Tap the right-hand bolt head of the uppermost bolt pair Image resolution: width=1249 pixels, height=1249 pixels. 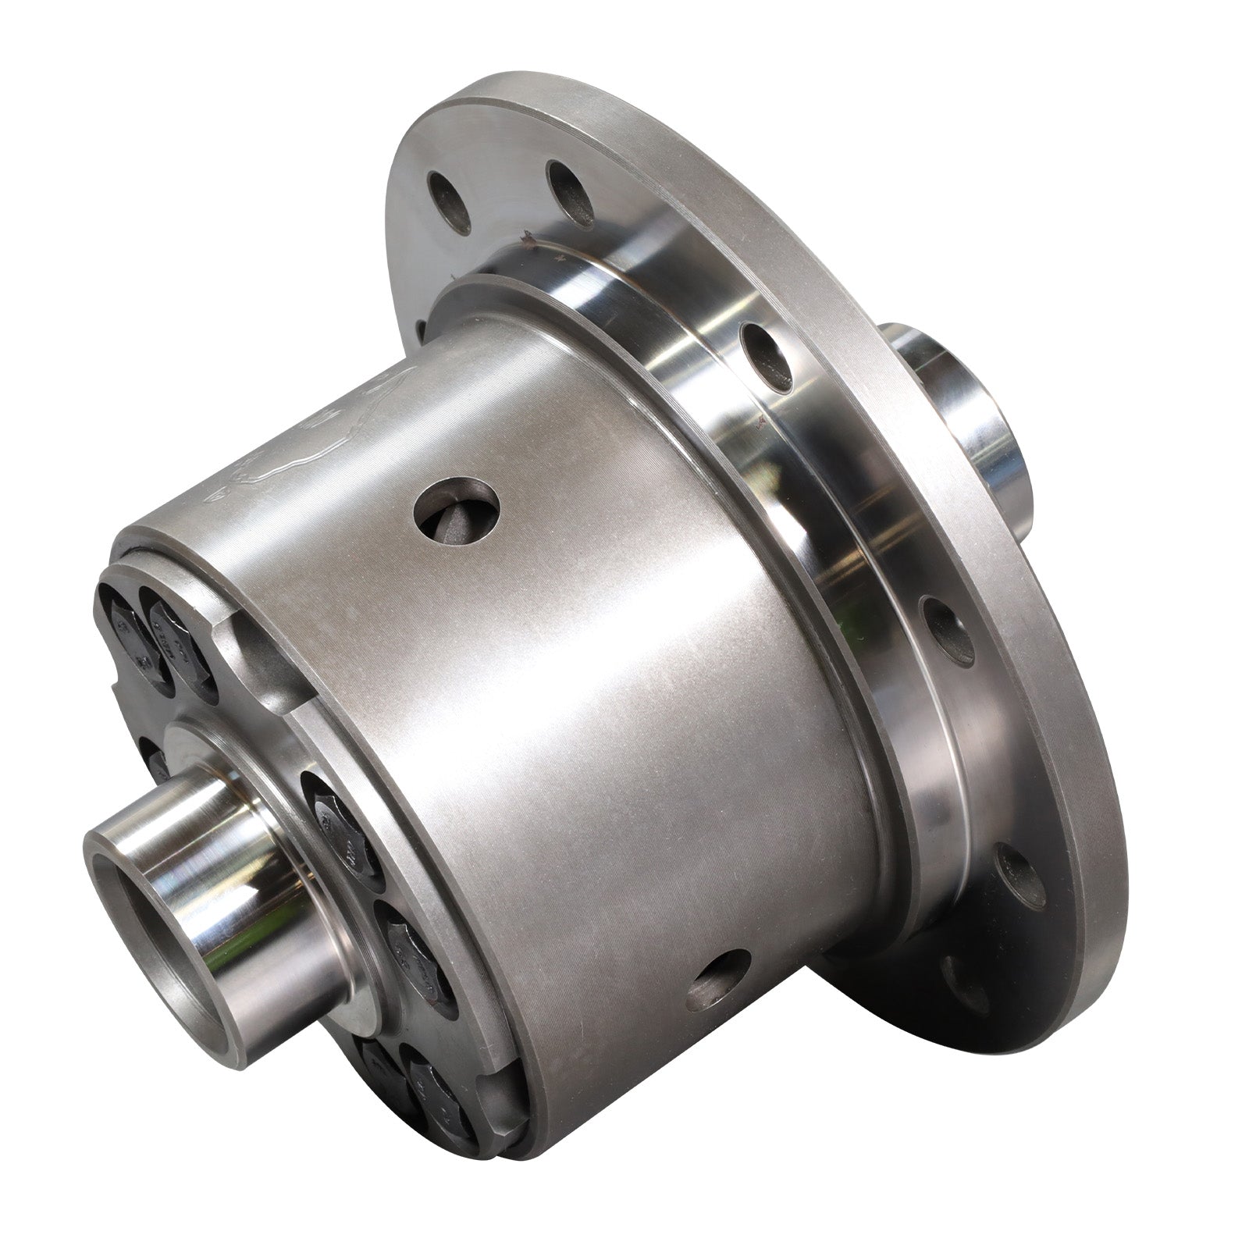point(176,636)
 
